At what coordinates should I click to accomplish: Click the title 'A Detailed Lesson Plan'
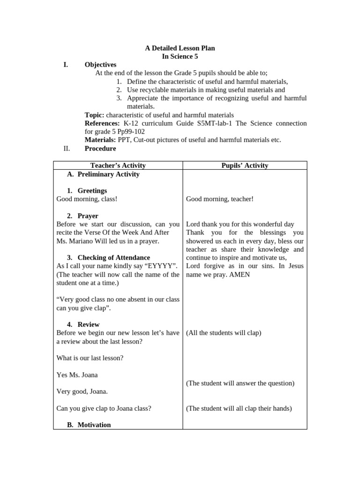[x=180, y=48]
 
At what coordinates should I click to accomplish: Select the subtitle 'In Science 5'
[x=180, y=56]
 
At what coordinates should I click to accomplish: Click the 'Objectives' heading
[x=100, y=65]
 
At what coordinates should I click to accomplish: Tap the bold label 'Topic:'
[x=95, y=115]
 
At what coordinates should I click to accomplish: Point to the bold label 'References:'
[x=102, y=123]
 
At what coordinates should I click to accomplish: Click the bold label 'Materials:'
[x=100, y=140]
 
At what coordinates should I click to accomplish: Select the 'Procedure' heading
[x=100, y=149]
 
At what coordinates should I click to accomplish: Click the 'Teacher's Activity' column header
[x=118, y=165]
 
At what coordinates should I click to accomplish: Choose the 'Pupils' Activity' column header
[x=245, y=165]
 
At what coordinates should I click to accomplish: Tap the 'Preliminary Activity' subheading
[x=108, y=174]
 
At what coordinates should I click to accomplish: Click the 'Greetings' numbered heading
[x=92, y=191]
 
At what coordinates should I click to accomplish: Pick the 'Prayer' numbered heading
[x=88, y=216]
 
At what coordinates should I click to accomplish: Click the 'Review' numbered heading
[x=89, y=324]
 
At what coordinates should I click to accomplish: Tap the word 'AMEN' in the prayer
[x=240, y=275]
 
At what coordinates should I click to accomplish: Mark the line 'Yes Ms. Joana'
[x=77, y=375]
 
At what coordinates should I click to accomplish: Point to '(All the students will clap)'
[x=224, y=333]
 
